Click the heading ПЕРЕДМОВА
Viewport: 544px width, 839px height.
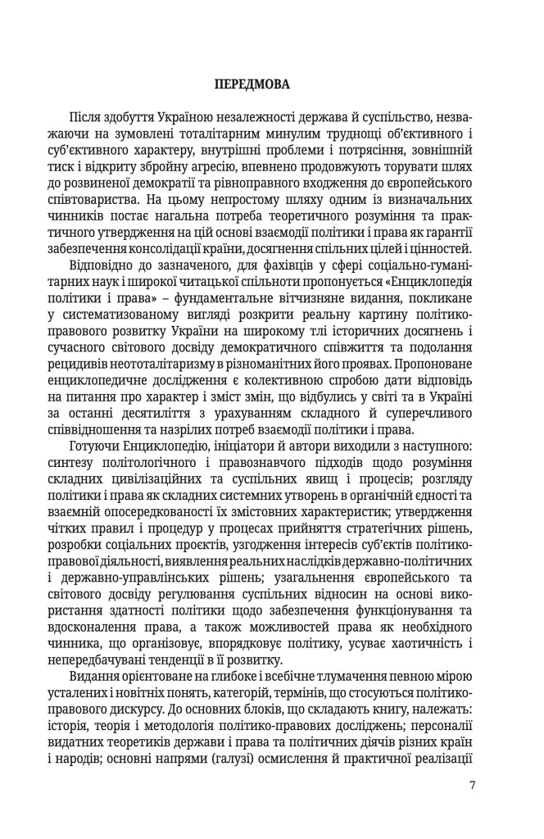[x=272, y=84]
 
